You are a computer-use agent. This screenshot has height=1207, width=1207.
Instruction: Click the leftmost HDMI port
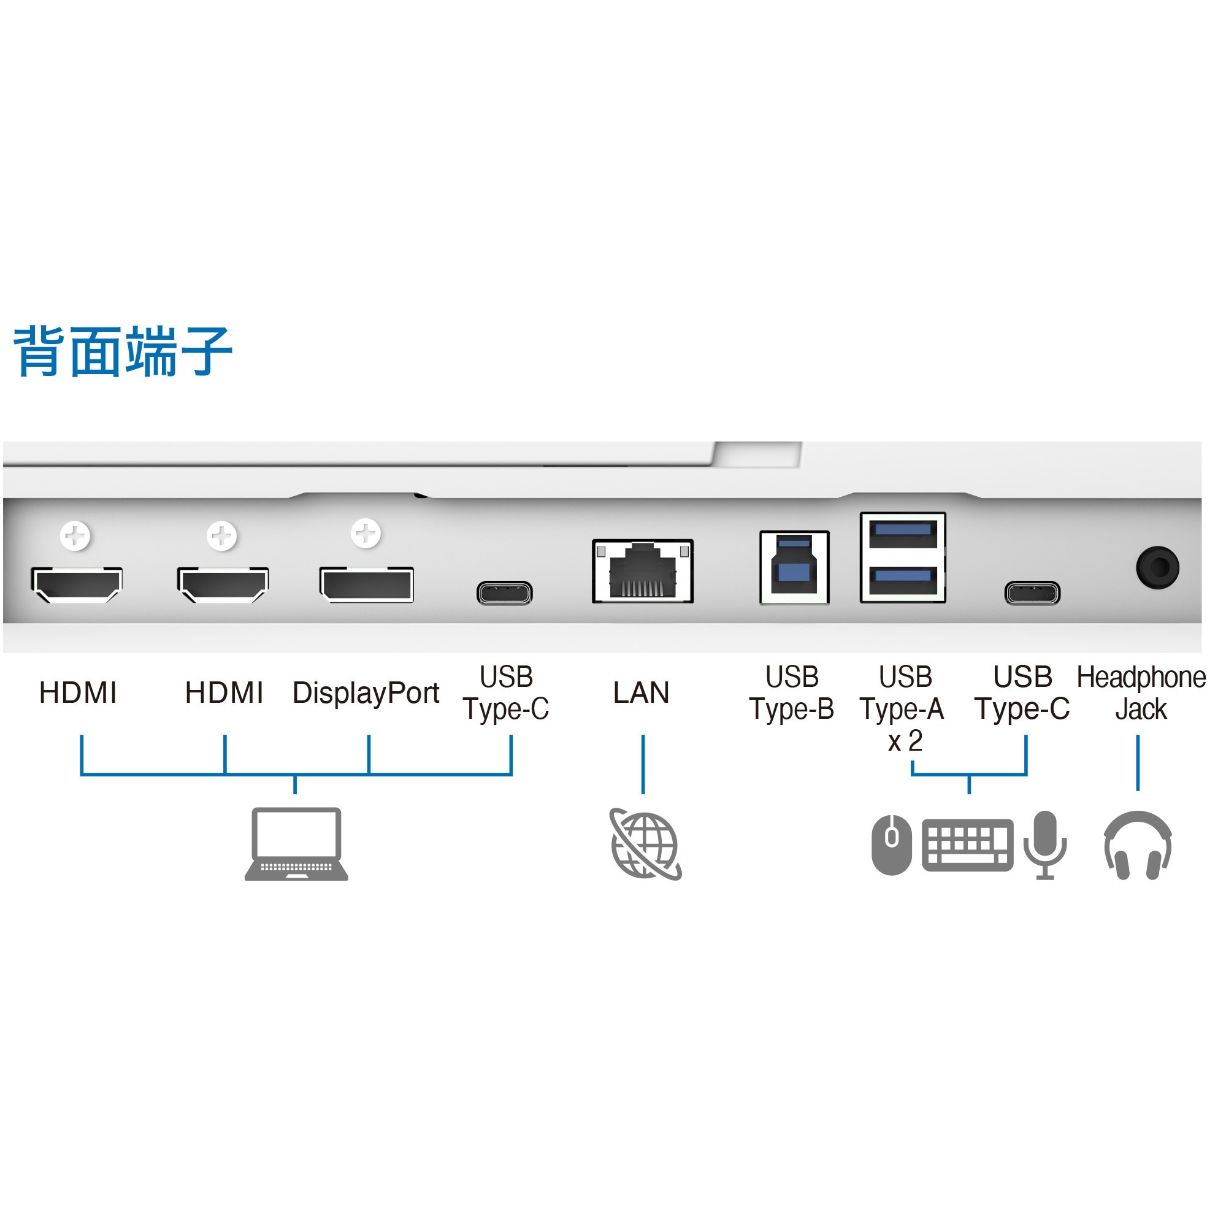coord(77,584)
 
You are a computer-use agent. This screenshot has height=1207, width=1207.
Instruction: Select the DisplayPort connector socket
coord(367,584)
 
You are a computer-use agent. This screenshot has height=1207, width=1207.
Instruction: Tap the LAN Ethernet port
coord(642,571)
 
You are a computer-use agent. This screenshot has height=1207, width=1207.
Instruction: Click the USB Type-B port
coord(794,567)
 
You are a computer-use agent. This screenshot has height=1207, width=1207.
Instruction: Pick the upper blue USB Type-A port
coord(903,532)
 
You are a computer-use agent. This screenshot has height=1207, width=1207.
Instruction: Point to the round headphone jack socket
coord(1157,567)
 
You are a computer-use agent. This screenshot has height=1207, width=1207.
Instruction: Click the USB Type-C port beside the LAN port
coord(504,592)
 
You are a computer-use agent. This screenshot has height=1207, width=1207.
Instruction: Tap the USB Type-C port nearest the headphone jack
coord(1032,592)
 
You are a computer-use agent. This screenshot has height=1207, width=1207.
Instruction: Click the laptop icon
coord(296,844)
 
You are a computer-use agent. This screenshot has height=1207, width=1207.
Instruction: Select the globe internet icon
coord(645,844)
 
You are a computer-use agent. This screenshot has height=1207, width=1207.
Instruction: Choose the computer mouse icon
coord(892,844)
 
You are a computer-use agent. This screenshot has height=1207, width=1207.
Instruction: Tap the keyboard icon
coord(967,845)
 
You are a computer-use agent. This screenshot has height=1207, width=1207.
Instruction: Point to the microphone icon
coord(1045,844)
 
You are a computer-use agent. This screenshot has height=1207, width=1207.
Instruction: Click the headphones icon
coord(1138,845)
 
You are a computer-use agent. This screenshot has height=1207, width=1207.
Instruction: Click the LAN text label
coord(642,693)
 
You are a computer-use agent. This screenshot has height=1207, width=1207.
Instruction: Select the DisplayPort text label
coord(366,693)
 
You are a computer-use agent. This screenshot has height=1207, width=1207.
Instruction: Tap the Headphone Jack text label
coord(1141,693)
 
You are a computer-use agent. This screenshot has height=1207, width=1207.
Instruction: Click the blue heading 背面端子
coord(123,351)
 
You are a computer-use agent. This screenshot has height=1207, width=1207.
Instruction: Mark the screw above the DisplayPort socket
coord(366,534)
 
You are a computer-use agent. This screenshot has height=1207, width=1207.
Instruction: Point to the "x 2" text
coord(905,741)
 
